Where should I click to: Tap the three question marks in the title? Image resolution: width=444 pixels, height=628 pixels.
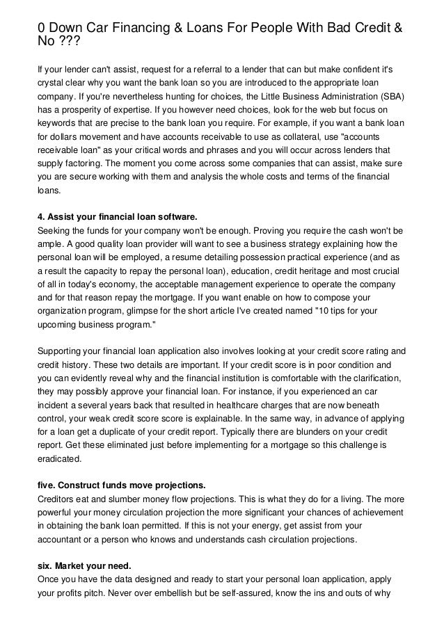[x=69, y=43]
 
